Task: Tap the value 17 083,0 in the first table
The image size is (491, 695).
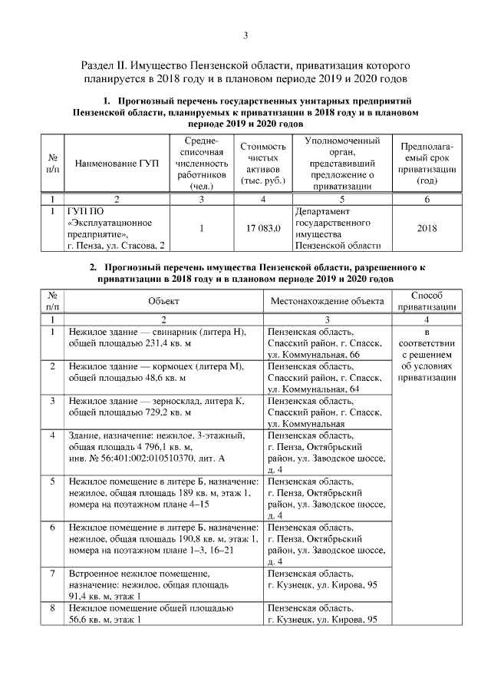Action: (263, 228)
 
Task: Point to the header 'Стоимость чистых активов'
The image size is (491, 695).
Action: (263, 164)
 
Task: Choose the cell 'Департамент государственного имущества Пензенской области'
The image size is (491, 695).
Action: (338, 228)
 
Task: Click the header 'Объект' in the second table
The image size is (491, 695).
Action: (163, 301)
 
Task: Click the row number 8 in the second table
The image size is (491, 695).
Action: (52, 607)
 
